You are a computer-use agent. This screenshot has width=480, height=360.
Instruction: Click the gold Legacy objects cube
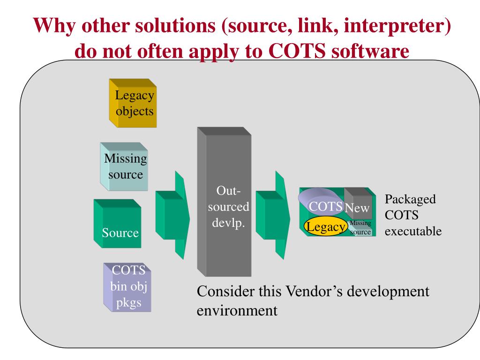tap(133, 104)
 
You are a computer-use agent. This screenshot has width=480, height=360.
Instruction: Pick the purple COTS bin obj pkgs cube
tap(128, 288)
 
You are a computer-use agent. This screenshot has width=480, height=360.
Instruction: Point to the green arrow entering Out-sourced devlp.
tap(172, 213)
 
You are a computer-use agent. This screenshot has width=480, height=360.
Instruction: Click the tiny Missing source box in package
tap(360, 228)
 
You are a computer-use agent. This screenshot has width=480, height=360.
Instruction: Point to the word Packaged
tap(410, 199)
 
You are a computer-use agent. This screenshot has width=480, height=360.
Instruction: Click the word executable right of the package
tap(413, 231)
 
